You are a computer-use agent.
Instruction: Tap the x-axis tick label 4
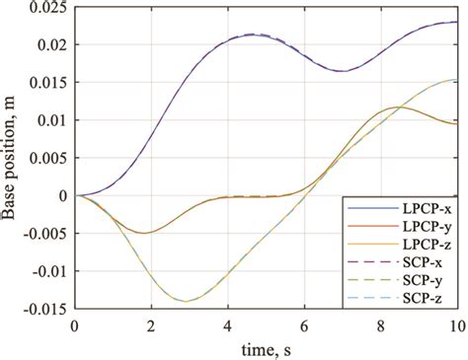pos(227,324)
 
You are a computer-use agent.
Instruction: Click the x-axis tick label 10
pos(456,324)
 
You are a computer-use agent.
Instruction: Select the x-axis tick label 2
pos(151,324)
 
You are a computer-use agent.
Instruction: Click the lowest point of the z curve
pos(185,301)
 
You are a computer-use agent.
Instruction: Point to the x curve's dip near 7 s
pos(342,71)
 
